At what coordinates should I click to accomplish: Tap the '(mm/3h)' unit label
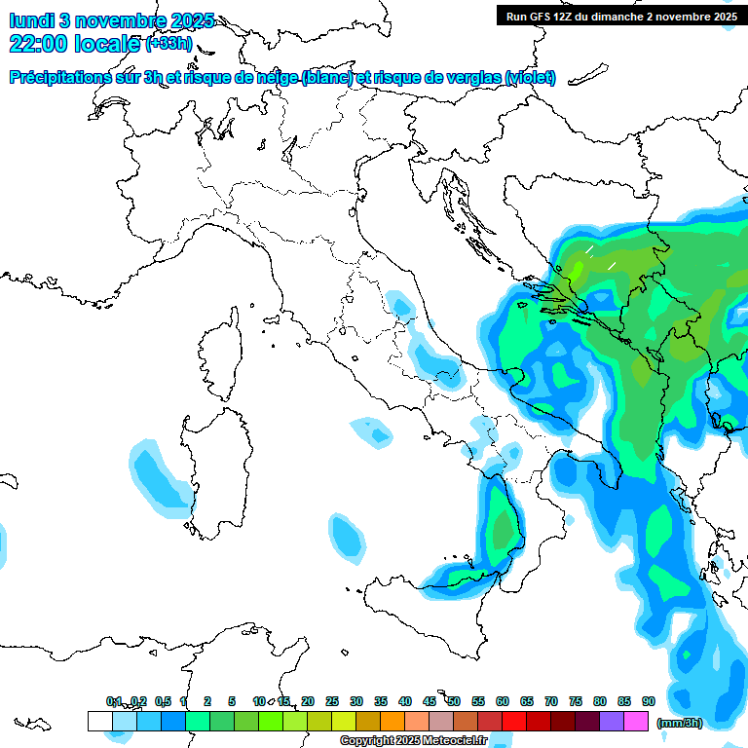[679, 723]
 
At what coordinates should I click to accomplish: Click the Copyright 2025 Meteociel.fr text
[413, 741]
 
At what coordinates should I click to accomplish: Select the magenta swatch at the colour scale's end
[636, 722]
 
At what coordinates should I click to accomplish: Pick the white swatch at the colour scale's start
[99, 722]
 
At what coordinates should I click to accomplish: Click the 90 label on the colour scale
[649, 701]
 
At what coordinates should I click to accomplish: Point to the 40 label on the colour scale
[405, 701]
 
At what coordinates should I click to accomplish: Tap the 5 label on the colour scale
[232, 701]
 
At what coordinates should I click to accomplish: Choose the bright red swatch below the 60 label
[514, 722]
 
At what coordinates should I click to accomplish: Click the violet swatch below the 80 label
[612, 722]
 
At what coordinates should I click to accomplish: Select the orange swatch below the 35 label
[393, 722]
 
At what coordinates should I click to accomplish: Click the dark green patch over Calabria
[503, 531]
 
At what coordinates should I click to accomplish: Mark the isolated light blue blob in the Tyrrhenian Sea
[347, 537]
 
